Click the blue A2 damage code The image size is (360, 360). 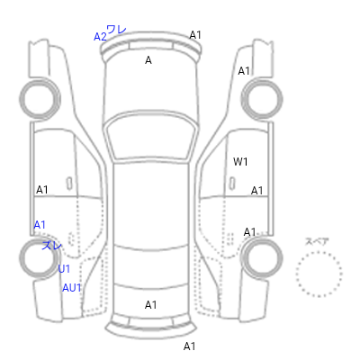click(100, 37)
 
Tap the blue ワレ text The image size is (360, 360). click(116, 30)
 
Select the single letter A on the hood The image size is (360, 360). click(148, 60)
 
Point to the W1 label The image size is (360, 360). click(240, 162)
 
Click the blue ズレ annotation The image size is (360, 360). click(51, 246)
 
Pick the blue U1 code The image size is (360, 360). click(64, 269)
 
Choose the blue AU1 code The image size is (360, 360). click(72, 288)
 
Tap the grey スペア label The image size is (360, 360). click(317, 241)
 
